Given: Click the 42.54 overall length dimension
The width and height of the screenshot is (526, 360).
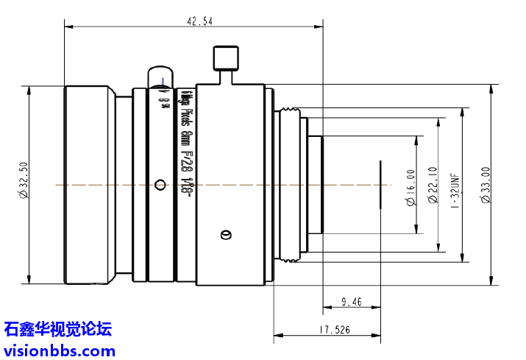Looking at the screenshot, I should (199, 21).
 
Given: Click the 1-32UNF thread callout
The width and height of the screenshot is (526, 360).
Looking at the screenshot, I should (455, 188).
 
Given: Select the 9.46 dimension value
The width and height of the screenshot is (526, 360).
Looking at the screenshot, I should (351, 301).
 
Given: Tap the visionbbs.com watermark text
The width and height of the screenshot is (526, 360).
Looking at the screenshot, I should (59, 350).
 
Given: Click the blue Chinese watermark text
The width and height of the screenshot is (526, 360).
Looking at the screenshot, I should (59, 328).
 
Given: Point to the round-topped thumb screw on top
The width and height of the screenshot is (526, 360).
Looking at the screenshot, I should (160, 77).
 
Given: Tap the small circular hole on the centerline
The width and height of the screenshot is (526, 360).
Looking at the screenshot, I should (160, 184).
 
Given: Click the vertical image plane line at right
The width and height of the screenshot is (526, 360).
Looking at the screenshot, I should (381, 185).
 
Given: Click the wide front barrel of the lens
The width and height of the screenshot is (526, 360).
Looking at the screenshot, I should (88, 184).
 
